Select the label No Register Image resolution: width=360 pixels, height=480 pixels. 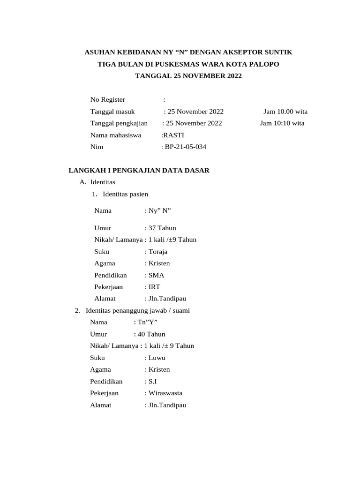pyautogui.click(x=108, y=99)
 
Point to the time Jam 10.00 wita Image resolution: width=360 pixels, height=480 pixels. pyautogui.click(x=285, y=112)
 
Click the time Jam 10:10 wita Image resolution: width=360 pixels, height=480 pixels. pyautogui.click(x=282, y=123)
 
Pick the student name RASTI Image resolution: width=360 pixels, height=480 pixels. pyautogui.click(x=173, y=135)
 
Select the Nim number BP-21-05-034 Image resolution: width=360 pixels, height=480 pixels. pyautogui.click(x=186, y=147)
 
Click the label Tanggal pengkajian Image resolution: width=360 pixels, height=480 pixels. pyautogui.click(x=119, y=123)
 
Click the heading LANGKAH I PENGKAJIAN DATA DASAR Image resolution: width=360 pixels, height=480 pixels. pyautogui.click(x=139, y=170)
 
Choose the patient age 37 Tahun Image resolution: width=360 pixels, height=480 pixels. pyautogui.click(x=162, y=228)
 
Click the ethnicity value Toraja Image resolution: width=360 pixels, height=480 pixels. pyautogui.click(x=158, y=252)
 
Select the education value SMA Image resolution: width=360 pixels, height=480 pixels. pyautogui.click(x=157, y=275)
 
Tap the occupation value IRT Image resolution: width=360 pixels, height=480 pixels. pyautogui.click(x=155, y=287)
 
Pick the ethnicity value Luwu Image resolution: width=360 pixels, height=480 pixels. pyautogui.click(x=157, y=358)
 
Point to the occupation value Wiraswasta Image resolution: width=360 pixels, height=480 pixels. pyautogui.click(x=165, y=393)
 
